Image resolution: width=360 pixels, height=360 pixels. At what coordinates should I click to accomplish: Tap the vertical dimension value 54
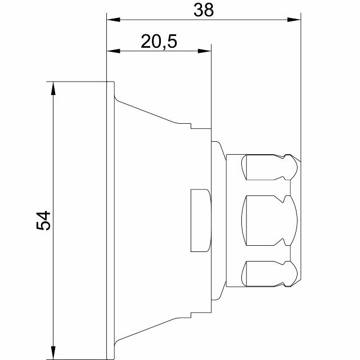(x=44, y=220)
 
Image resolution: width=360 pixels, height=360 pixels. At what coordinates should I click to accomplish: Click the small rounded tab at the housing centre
(x=200, y=220)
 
